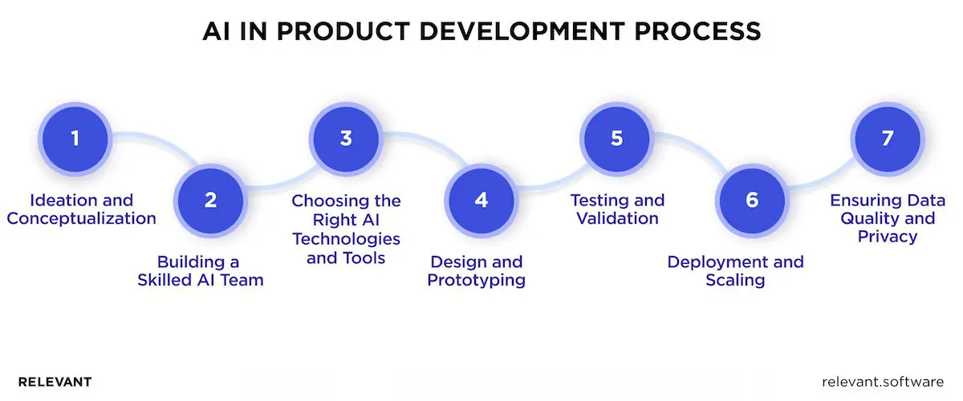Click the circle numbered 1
tap(75, 138)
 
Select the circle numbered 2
tap(210, 200)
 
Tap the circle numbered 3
tap(346, 138)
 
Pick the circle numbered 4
tap(481, 200)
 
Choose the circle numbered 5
tap(616, 138)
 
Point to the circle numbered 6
tap(752, 200)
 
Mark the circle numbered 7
tap(887, 138)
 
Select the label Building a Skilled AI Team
tap(209, 271)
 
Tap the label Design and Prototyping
tap(477, 271)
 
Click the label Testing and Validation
tap(617, 209)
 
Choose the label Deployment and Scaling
tap(735, 271)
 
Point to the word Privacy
tap(887, 237)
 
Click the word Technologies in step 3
tap(346, 239)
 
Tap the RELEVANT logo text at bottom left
tap(55, 382)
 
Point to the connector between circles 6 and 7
tap(819, 172)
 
